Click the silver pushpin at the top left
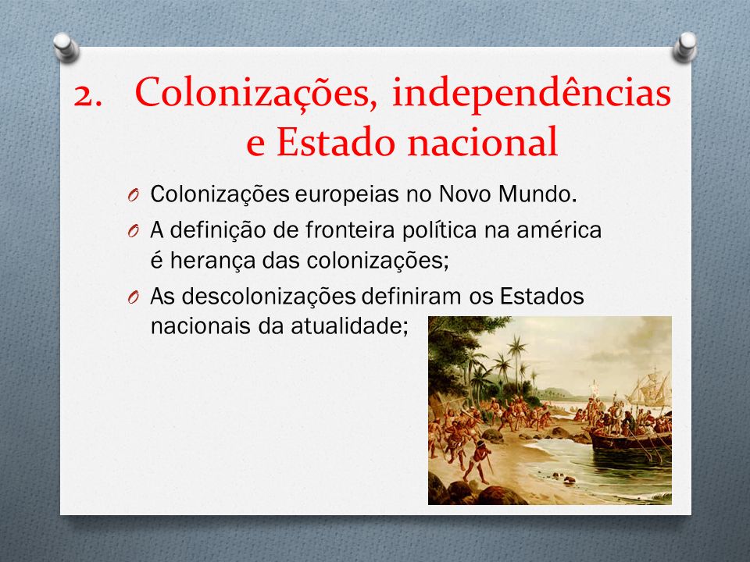point(66,47)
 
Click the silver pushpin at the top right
point(685,47)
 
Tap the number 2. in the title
point(88,95)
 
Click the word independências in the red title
point(531,93)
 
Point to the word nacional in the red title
point(483,141)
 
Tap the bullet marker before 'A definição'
point(133,231)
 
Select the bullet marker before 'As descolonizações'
point(133,297)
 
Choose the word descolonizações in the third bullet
point(268,297)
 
